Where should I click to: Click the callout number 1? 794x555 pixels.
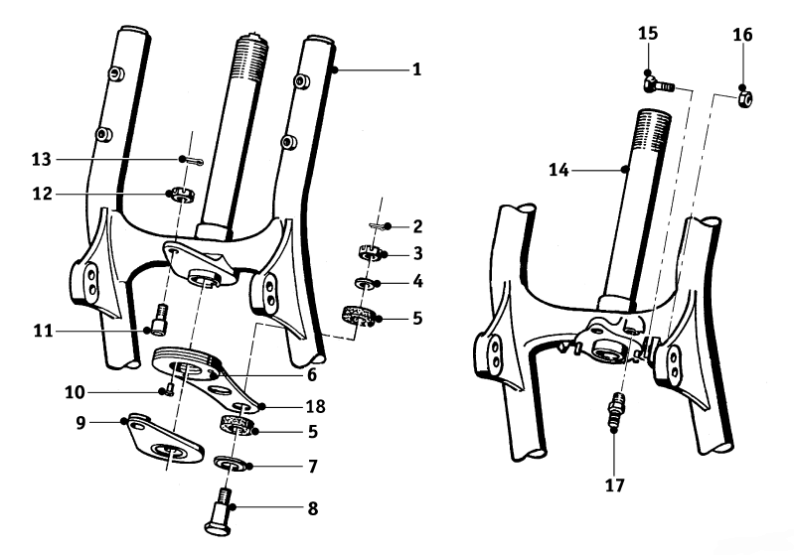[417, 69]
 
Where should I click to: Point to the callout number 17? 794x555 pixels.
[613, 486]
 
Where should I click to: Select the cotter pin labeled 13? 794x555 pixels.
[189, 159]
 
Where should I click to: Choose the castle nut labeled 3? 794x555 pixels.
[370, 254]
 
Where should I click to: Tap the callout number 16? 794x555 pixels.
[743, 34]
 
